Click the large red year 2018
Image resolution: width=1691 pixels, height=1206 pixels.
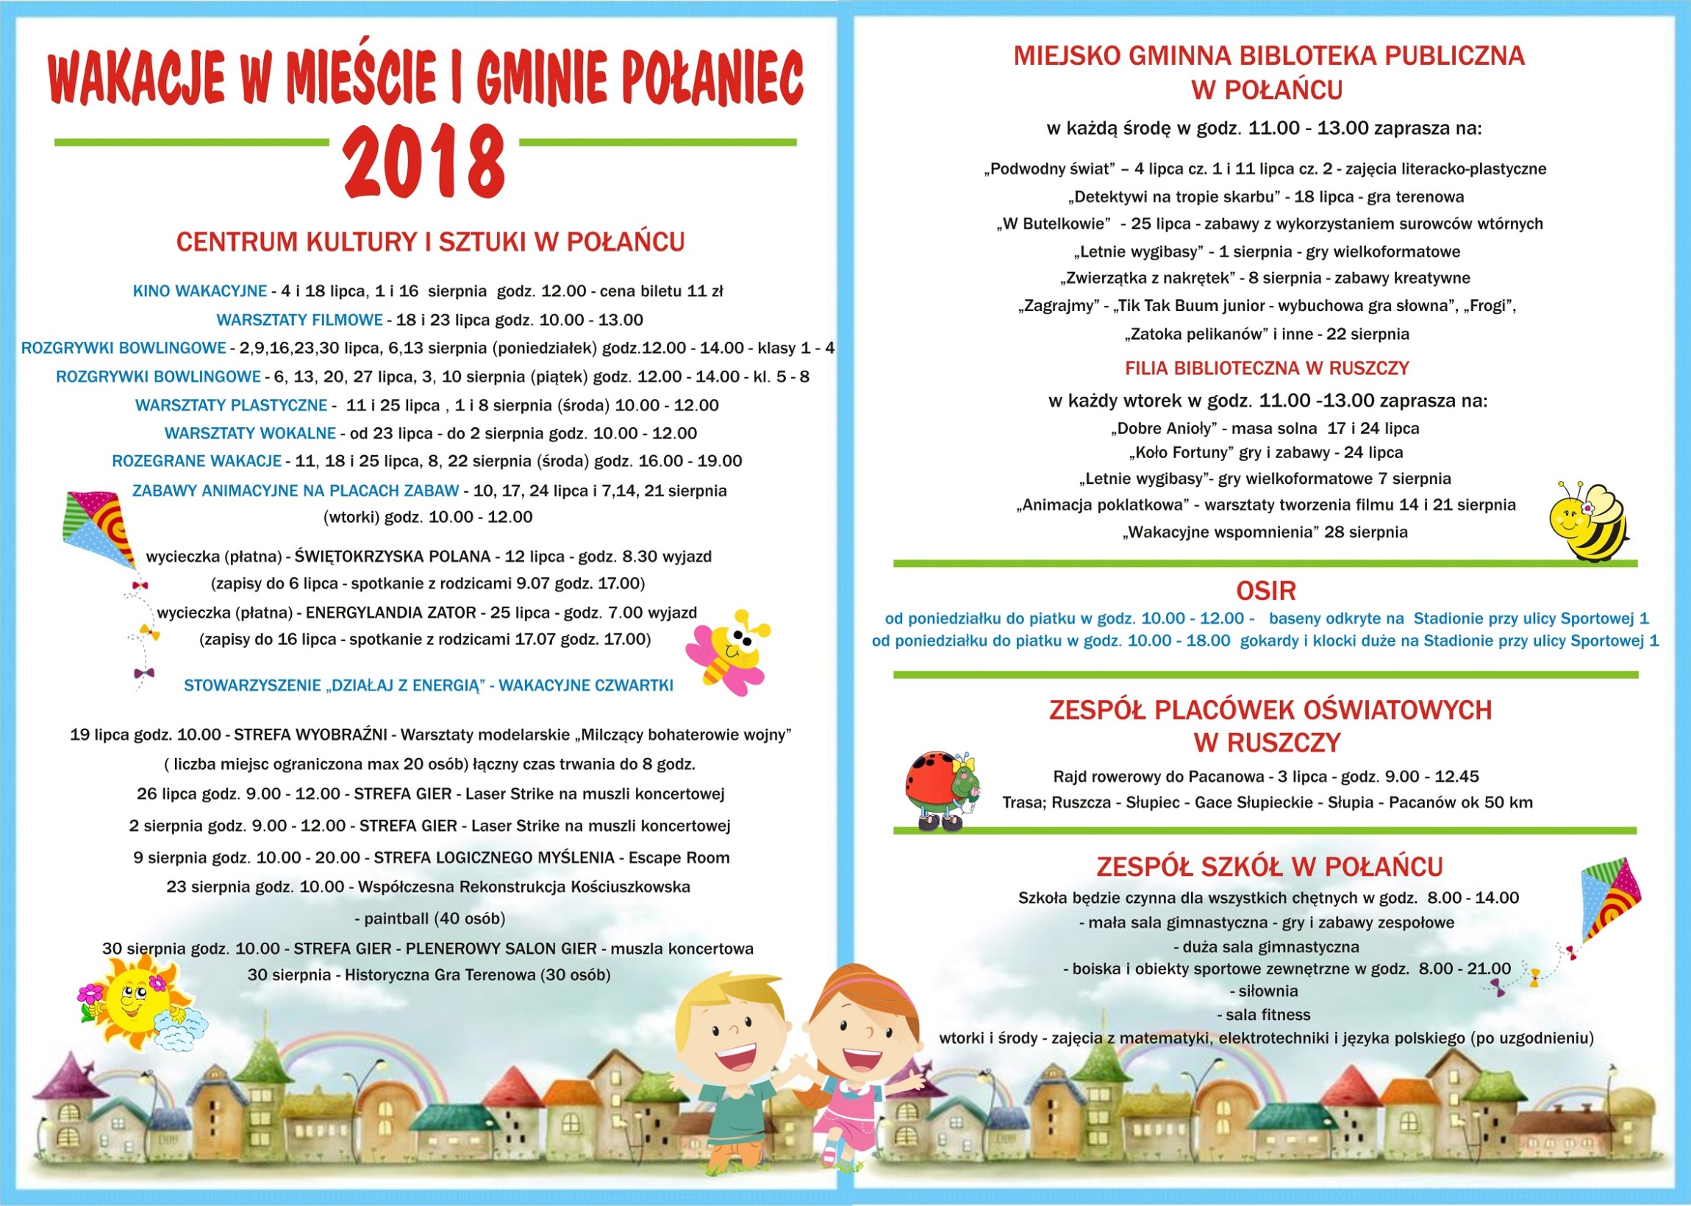(x=424, y=162)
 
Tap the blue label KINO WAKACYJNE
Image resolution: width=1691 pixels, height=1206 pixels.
(x=199, y=291)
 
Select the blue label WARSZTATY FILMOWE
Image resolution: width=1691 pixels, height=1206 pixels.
(x=299, y=320)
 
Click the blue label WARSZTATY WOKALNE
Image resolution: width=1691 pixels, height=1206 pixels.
(x=250, y=433)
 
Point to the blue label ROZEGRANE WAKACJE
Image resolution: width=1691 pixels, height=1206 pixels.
(x=197, y=461)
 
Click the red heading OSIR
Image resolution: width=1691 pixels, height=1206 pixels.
(x=1265, y=591)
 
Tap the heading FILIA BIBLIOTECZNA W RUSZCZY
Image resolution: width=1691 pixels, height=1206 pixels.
(x=1266, y=368)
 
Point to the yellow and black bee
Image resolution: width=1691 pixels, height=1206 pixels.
(x=1589, y=522)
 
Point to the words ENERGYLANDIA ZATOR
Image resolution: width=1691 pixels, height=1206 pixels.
(x=390, y=613)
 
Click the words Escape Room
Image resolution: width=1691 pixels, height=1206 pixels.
(x=679, y=857)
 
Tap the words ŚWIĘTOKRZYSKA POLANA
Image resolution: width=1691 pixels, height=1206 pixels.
(x=393, y=556)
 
